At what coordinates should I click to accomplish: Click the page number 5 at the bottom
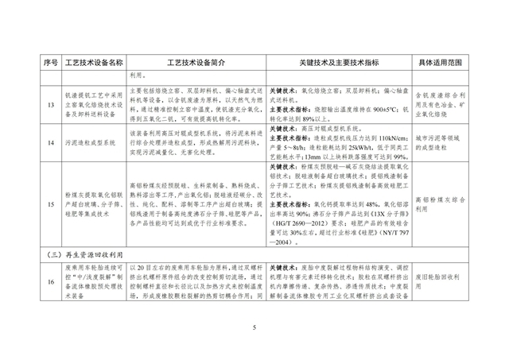point(254,327)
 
